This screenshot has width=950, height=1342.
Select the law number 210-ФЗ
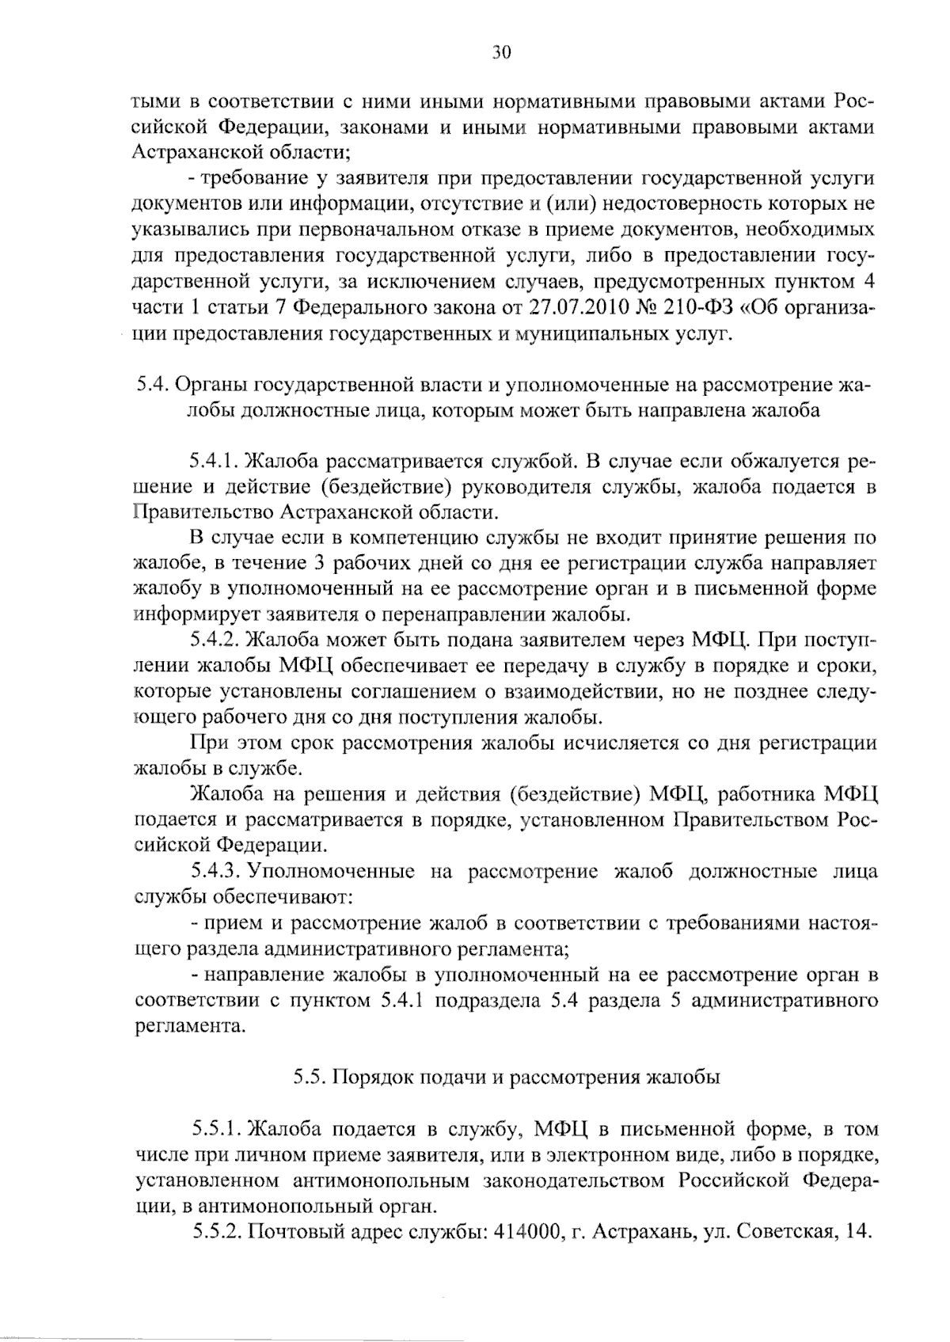click(697, 308)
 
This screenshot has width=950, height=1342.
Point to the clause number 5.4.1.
click(216, 462)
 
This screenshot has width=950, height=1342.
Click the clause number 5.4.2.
click(216, 641)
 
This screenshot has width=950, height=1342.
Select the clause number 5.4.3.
click(216, 872)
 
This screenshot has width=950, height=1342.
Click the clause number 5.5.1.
click(216, 1128)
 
